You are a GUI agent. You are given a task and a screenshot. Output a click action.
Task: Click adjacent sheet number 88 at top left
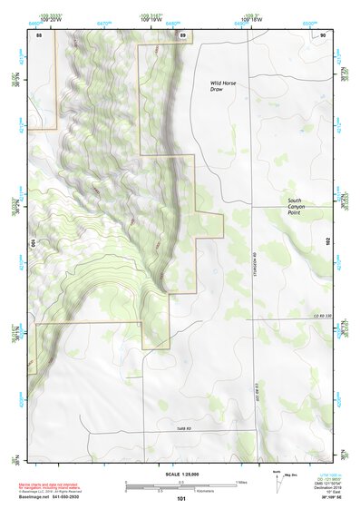click(39, 35)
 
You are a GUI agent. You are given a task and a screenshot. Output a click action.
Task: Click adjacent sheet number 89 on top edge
click(182, 35)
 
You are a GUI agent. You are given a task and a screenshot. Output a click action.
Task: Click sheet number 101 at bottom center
click(181, 498)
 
